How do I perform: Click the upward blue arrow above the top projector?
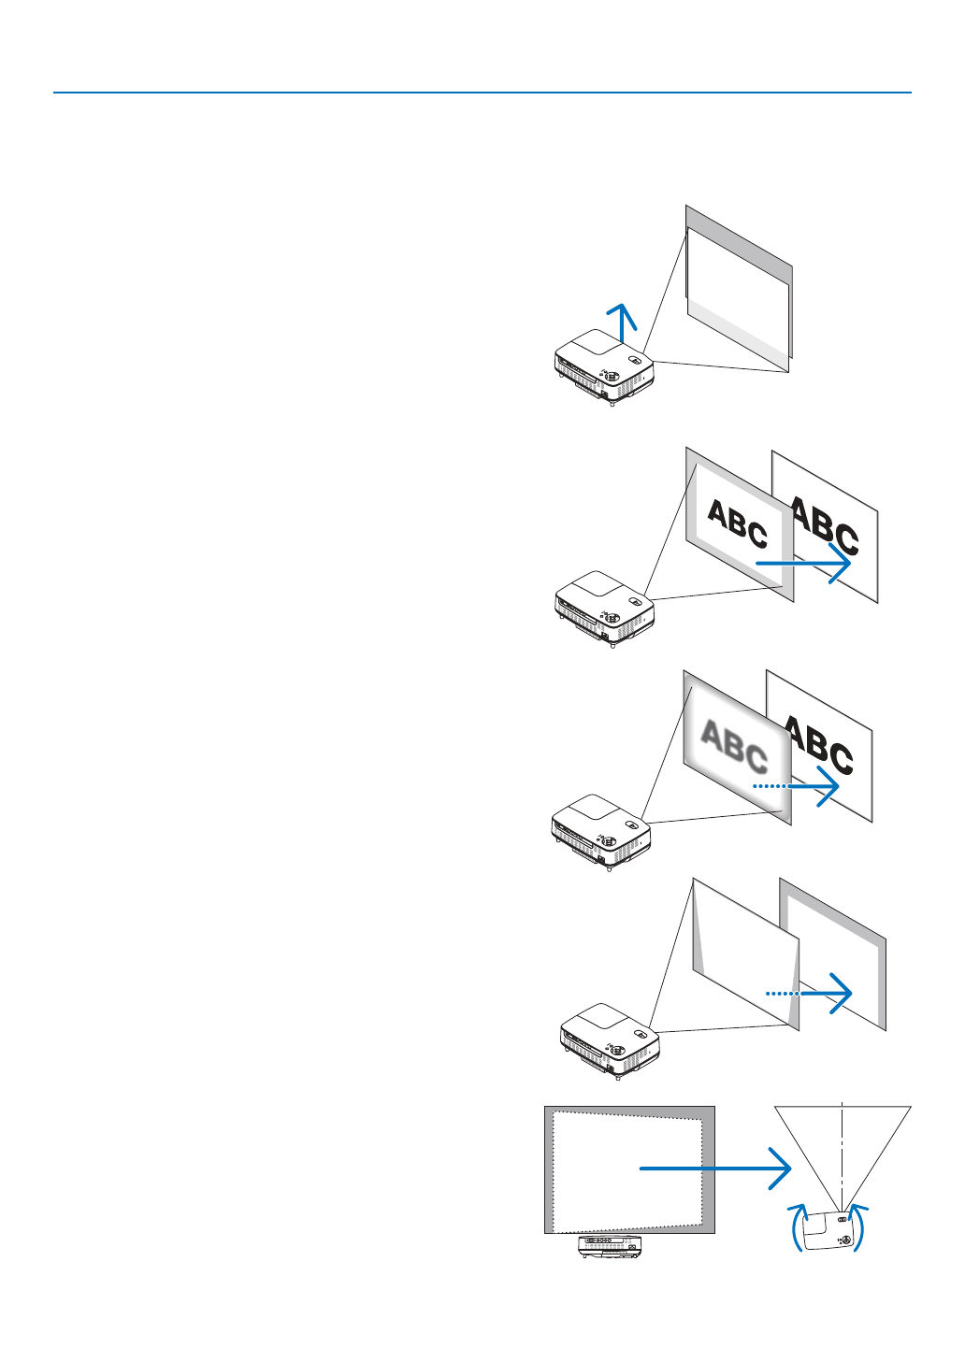click(x=621, y=323)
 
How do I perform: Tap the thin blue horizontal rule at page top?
click(x=482, y=93)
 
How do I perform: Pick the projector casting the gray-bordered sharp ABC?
click(x=604, y=609)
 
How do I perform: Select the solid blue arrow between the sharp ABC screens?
click(x=803, y=564)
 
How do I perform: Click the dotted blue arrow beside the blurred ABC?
click(x=795, y=786)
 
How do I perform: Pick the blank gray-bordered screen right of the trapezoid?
click(x=832, y=953)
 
